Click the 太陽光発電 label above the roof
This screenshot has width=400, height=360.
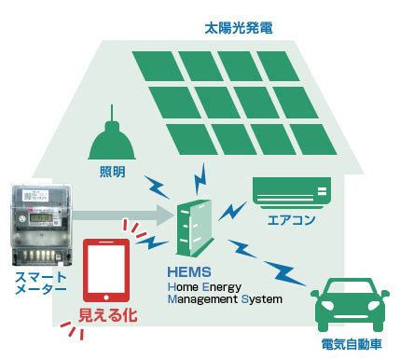(239, 28)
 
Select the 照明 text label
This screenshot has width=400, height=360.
(113, 172)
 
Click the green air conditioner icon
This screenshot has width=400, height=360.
(292, 193)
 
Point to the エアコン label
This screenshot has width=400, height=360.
(291, 220)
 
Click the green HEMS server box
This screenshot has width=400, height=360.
(195, 228)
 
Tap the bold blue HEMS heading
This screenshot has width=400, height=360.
(189, 272)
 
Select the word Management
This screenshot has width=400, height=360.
(202, 299)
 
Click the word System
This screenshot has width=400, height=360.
(262, 299)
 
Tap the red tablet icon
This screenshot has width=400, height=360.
(106, 270)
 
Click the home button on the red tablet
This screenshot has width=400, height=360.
(106, 298)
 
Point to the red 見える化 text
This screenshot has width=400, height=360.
(107, 314)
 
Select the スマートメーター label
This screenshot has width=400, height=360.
(41, 283)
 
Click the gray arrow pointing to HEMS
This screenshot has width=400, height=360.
(123, 215)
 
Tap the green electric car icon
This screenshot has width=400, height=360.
(350, 305)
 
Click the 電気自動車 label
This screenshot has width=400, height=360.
(352, 344)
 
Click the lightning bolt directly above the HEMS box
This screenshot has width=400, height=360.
(200, 179)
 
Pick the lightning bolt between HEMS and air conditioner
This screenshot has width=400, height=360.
(232, 211)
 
